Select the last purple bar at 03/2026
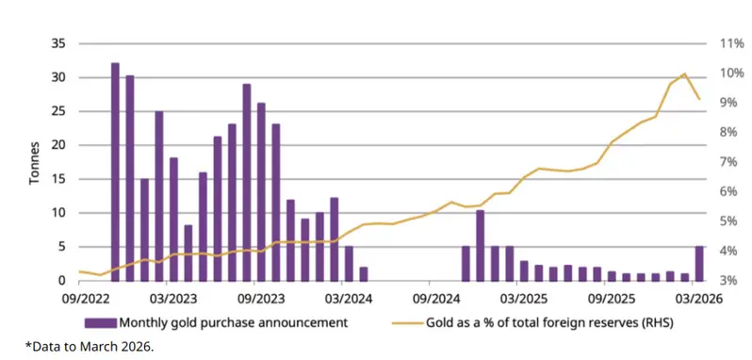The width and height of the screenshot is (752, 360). (697, 263)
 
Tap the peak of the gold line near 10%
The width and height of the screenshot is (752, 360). (683, 74)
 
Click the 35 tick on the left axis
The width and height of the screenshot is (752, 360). (58, 43)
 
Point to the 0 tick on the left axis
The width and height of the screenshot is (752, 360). (62, 281)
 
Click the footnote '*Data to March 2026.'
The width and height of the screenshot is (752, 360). (90, 348)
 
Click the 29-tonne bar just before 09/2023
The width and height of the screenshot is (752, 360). (246, 182)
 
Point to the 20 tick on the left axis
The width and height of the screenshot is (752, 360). (58, 145)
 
